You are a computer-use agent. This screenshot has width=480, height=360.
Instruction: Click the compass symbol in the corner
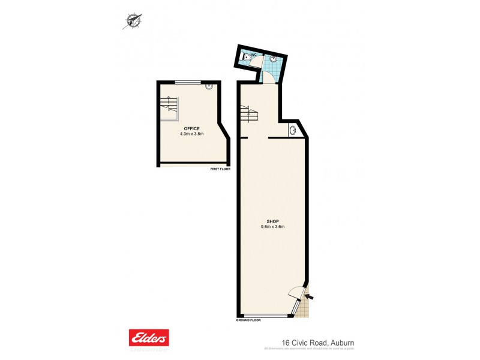[x=133, y=21]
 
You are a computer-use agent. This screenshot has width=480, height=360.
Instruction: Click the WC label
[x=254, y=55]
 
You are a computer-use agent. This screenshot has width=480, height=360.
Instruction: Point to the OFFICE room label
[x=192, y=128]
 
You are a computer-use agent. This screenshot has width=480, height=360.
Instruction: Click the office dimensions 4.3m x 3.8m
[x=192, y=134]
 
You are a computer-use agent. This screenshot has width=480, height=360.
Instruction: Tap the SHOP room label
[x=272, y=221]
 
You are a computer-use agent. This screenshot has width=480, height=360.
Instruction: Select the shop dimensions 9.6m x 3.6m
[x=272, y=227]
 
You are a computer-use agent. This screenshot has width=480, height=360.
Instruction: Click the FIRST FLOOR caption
[x=220, y=169]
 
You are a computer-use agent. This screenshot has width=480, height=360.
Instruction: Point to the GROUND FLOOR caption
[x=250, y=321]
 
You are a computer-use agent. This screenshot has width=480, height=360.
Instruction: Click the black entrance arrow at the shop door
[x=310, y=295]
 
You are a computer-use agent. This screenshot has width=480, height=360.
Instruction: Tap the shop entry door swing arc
[x=296, y=293]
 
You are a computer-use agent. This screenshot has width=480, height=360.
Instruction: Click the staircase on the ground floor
[x=248, y=112]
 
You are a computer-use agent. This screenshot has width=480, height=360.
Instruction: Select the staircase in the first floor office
[x=169, y=107]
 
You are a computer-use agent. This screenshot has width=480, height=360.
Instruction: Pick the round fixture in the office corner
[x=209, y=86]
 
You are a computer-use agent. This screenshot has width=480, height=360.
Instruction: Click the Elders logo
[x=149, y=337]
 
